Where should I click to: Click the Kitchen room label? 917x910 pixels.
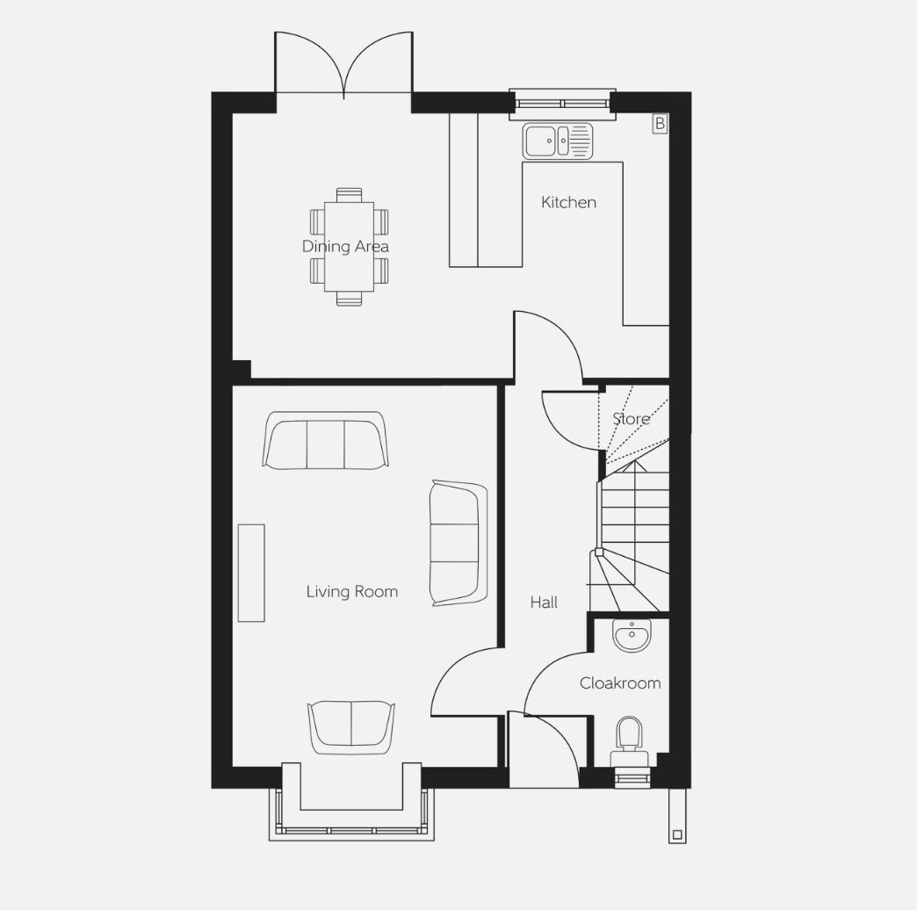tap(568, 203)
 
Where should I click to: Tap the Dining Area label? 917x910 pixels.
tap(345, 247)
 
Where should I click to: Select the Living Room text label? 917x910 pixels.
tap(351, 592)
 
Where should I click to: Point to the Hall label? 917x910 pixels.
tap(544, 603)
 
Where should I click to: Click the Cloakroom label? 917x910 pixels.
tap(620, 683)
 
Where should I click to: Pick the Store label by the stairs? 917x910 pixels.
tap(631, 419)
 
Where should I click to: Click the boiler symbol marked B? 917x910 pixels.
tap(660, 124)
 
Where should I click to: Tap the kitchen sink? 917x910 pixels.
tap(558, 141)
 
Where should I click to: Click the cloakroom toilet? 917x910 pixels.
tap(629, 738)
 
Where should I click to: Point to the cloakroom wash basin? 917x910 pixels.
tap(631, 634)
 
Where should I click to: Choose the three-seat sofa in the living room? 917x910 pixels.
tap(325, 440)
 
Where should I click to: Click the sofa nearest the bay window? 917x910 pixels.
tap(350, 727)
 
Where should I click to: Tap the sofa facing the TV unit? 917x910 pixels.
tap(458, 542)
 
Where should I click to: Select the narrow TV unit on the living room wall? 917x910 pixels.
tap(251, 573)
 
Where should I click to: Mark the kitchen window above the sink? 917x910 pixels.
tap(561, 103)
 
